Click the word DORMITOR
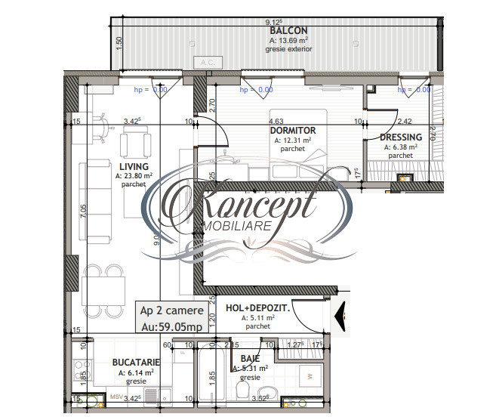tap(292, 130)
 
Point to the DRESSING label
tap(401, 137)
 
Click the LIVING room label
tap(133, 166)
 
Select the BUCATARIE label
tap(136, 363)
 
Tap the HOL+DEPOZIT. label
tap(257, 308)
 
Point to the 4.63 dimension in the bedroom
tap(276, 120)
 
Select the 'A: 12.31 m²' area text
tap(292, 140)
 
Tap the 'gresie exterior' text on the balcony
tap(288, 49)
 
